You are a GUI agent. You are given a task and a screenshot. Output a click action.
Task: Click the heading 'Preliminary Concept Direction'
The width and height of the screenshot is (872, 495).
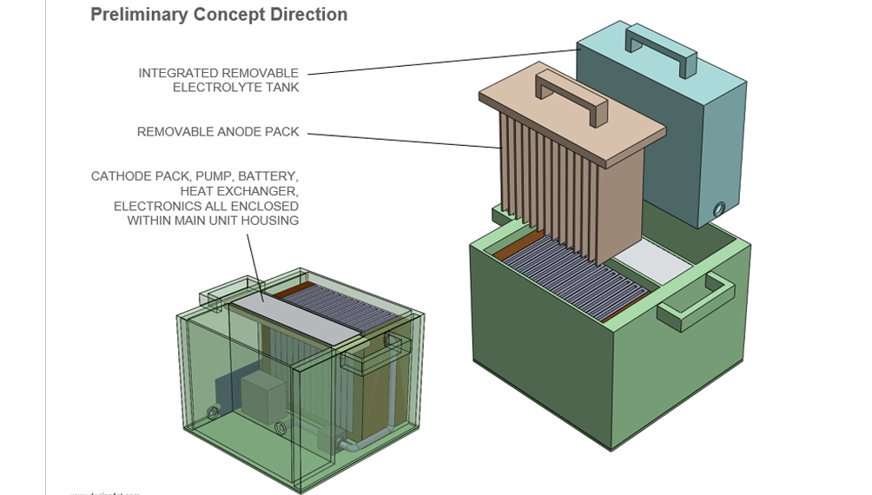point(219,15)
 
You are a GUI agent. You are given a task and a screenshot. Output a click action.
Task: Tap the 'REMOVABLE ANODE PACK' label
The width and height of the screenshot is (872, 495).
point(218,132)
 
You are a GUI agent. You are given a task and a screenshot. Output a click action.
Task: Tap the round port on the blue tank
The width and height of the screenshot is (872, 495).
point(718,209)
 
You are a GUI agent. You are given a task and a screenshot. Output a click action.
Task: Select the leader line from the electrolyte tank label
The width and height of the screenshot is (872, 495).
point(443,62)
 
